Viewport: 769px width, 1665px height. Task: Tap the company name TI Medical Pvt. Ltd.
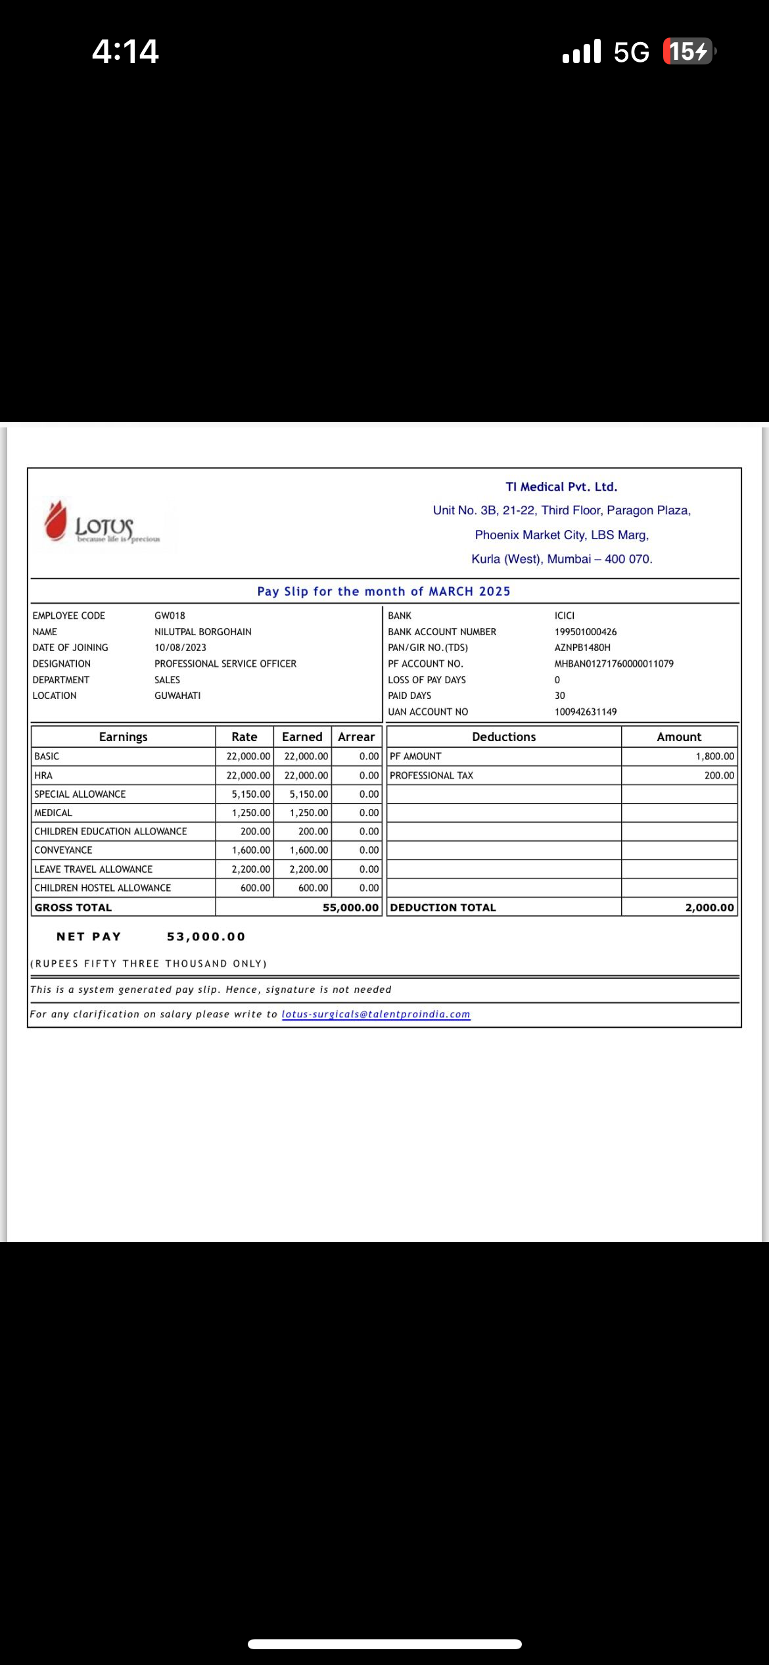[561, 487]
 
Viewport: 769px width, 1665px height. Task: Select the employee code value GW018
[170, 615]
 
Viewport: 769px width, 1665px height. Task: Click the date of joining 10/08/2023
[180, 648]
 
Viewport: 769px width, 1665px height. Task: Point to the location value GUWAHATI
[177, 696]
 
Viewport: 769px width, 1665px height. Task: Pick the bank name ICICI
[564, 615]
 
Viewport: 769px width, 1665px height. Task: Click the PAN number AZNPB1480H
[582, 648]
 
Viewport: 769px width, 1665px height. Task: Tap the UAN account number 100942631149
[586, 712]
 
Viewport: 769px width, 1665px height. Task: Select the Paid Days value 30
[560, 696]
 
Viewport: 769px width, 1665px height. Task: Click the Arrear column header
[356, 736]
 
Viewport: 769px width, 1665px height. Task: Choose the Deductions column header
[503, 736]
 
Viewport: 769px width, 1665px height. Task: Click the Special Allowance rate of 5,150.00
[250, 794]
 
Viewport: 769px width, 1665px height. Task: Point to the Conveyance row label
[63, 850]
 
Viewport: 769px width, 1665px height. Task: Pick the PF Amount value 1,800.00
[714, 756]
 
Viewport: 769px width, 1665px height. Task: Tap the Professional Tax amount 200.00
[719, 775]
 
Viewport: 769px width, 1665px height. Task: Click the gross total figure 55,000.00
[350, 907]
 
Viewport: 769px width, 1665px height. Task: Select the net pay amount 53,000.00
[206, 936]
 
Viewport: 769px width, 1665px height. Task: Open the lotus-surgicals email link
[376, 1014]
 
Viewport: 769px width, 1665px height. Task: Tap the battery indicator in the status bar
[688, 51]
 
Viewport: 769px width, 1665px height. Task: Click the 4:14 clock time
[125, 51]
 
